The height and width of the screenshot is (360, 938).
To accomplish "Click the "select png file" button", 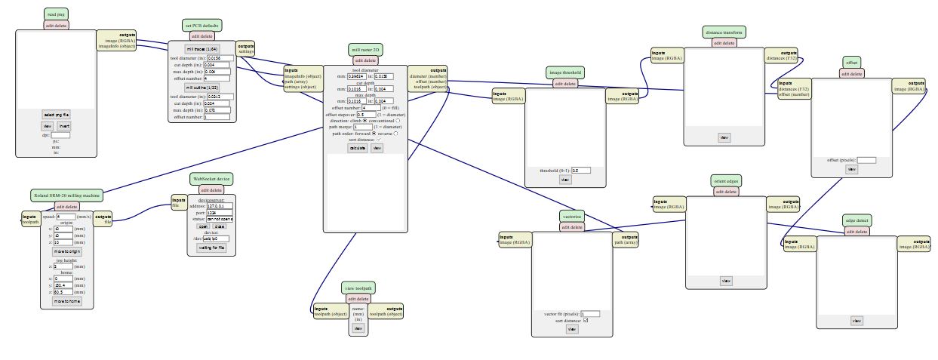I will click(x=57, y=114).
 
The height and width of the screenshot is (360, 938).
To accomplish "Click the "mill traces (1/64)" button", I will click(x=201, y=49).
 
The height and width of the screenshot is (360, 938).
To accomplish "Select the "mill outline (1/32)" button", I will click(x=201, y=88).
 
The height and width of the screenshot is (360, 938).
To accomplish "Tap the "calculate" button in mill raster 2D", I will click(x=357, y=148).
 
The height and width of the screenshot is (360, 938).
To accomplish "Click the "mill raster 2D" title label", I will click(x=365, y=50).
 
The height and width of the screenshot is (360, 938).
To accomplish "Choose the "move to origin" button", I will click(x=66, y=250).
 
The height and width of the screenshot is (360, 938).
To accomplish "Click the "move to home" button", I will click(x=66, y=300).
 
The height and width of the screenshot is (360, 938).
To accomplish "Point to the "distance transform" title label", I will click(x=724, y=33).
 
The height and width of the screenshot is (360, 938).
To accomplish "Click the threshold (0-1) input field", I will click(x=580, y=171).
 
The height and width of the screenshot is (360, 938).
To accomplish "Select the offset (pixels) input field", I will click(x=866, y=160).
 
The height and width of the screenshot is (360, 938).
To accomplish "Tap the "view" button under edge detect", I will click(x=857, y=321).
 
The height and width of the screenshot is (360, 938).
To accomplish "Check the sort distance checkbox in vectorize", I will click(x=586, y=321).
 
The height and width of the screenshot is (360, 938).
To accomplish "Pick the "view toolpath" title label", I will click(x=359, y=288).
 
